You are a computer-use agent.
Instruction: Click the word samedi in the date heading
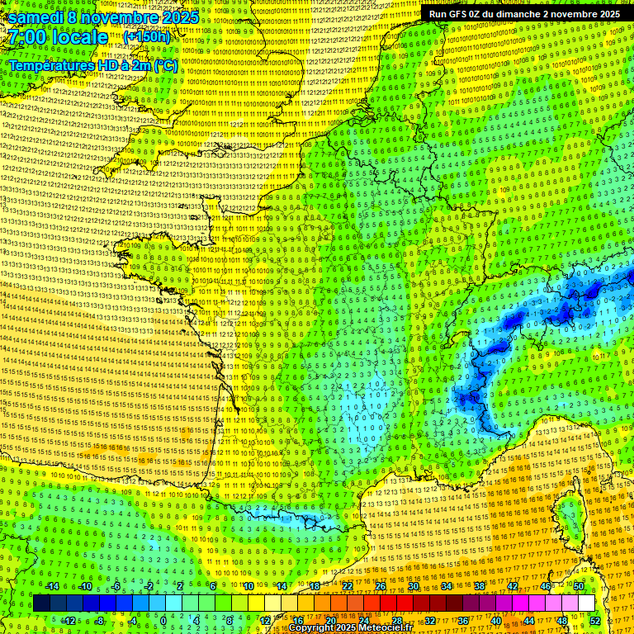(37, 17)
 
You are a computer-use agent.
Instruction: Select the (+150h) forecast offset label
(147, 37)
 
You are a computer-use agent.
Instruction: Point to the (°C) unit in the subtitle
(163, 65)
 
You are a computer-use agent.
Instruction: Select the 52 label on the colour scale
(595, 621)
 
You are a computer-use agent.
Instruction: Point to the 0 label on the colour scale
(163, 621)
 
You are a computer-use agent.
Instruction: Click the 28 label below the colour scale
(397, 621)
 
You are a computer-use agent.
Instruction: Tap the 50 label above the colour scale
(579, 586)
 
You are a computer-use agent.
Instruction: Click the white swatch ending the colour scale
(586, 603)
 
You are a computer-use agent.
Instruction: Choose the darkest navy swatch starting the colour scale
(41, 603)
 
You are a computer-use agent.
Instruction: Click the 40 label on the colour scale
(495, 621)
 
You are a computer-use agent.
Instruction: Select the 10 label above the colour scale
(247, 586)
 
